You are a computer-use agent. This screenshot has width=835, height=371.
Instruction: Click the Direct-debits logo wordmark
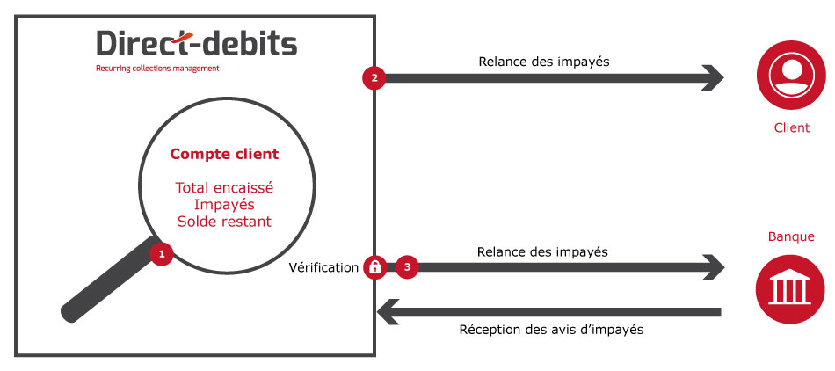197,43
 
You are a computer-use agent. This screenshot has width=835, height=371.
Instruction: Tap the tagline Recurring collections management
157,69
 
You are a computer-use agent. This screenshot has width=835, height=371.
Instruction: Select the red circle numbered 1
162,254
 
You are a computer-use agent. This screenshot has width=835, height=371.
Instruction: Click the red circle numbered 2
374,77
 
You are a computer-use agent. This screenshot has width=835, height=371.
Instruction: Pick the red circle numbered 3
407,267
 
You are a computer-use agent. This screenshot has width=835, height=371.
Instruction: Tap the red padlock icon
375,267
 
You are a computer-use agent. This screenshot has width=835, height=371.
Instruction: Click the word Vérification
323,268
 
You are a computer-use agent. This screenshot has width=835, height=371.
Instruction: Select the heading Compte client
224,155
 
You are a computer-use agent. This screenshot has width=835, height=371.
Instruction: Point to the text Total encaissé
224,187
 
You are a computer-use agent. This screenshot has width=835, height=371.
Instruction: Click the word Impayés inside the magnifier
224,205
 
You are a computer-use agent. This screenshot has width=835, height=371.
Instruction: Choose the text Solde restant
224,222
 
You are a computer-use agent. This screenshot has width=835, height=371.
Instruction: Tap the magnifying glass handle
109,280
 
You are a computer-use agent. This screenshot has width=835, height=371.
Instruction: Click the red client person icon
791,75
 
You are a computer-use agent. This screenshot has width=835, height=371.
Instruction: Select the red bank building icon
790,289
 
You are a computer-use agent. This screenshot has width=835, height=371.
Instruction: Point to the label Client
791,127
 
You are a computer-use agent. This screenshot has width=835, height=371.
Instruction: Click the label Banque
791,236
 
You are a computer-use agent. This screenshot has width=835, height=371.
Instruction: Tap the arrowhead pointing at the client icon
713,78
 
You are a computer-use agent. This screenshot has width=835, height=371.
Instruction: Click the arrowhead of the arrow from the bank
388,312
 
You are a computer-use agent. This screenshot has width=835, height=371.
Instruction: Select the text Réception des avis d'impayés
551,330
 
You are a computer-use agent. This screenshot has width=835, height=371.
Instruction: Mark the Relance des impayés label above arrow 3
542,251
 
